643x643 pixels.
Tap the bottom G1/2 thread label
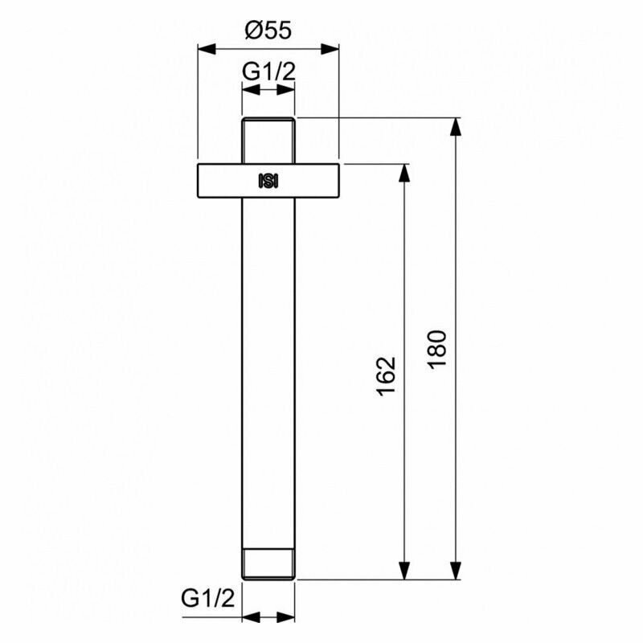pos(207,598)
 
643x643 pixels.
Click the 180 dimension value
pos(438,349)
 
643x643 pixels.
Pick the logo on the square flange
pos(268,181)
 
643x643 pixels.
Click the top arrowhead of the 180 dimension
pos(456,125)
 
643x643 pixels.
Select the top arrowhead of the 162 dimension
pos(403,171)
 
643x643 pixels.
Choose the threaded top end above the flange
pos(268,140)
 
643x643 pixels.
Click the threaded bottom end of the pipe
pos(268,563)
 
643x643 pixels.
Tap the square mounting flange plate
pos(225,181)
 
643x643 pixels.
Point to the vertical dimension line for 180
pos(456,241)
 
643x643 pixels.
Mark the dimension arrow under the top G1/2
pos(268,90)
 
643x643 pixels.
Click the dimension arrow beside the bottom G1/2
pos(268,617)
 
